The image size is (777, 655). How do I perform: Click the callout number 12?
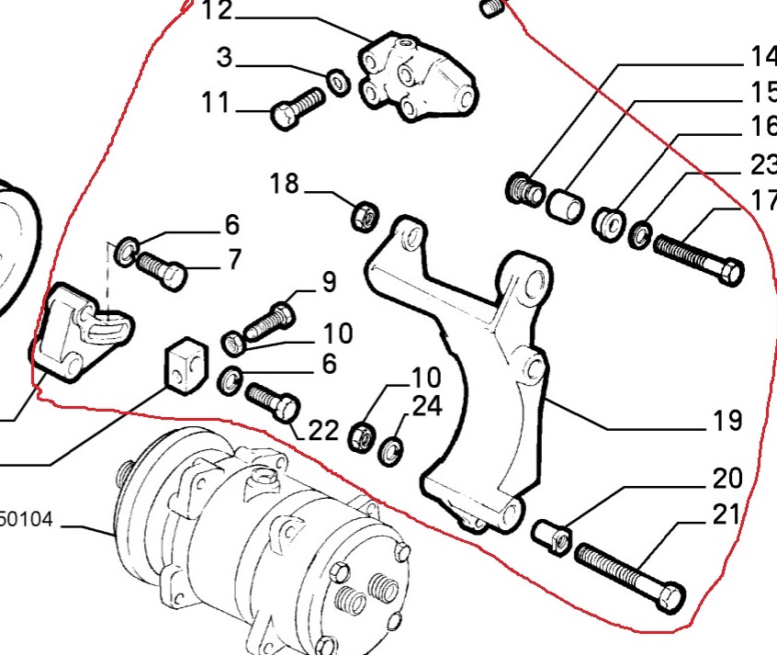[x=217, y=12]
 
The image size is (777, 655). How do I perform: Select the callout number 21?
[x=726, y=514]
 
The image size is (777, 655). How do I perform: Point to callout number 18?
[x=285, y=184]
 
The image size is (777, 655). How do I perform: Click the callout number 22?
[x=322, y=430]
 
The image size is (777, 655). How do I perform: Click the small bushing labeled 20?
[x=553, y=535]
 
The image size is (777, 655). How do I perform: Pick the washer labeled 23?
[x=640, y=236]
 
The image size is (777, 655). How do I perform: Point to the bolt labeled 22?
[x=272, y=401]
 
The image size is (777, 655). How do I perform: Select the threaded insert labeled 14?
[x=524, y=191]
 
